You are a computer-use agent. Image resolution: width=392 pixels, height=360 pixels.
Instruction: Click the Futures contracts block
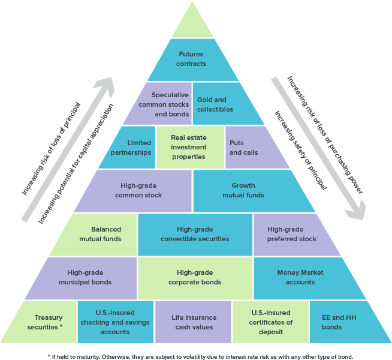point(193,60)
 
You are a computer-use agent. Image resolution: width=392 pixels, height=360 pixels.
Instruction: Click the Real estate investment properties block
point(191,148)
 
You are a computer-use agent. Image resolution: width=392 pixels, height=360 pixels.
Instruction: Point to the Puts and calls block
point(252,148)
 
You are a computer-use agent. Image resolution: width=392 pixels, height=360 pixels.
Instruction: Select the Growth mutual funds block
point(250,191)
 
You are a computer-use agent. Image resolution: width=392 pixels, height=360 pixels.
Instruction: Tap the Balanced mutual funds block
point(98,235)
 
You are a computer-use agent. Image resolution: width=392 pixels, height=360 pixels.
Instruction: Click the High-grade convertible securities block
point(195,235)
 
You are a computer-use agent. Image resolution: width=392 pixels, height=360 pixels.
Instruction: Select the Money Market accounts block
point(305,278)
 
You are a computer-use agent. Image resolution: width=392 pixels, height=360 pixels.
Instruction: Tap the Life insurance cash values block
point(193,322)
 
